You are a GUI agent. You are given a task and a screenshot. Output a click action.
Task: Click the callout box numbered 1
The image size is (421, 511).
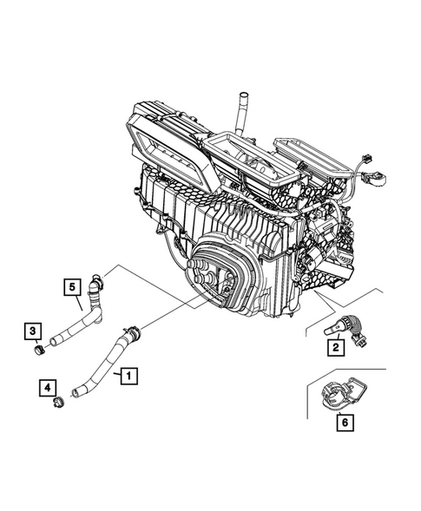coord(127,377)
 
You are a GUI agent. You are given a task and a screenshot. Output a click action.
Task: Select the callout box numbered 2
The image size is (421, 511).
coord(332,349)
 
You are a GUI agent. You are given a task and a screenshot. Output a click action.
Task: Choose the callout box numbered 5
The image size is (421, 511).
coord(73,285)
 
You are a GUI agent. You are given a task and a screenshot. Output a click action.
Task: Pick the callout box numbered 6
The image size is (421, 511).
coord(344,423)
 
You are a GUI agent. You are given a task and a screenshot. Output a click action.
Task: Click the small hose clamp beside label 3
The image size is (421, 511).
coord(37,350)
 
